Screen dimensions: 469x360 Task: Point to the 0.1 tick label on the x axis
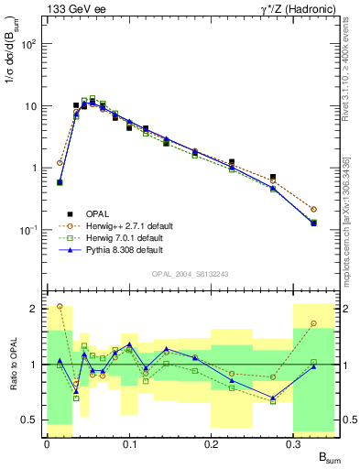click(x=129, y=443)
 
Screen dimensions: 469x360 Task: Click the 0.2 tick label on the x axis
click(x=212, y=443)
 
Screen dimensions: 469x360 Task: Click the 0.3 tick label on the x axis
click(x=294, y=443)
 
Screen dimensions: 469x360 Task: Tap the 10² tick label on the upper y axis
click(x=28, y=44)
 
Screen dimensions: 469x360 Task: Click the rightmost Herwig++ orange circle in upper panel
click(x=314, y=209)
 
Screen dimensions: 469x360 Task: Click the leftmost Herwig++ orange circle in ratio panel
click(x=60, y=306)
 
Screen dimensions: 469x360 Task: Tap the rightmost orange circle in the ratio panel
click(x=314, y=323)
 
